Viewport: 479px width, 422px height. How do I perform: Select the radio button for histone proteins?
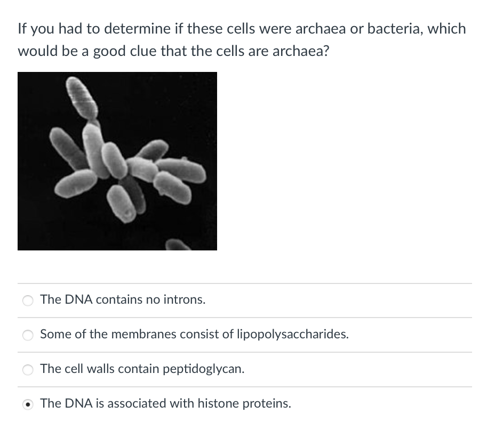(x=27, y=404)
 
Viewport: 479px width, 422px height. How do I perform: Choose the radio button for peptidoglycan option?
(x=27, y=369)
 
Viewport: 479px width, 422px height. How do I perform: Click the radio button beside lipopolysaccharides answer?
(x=27, y=335)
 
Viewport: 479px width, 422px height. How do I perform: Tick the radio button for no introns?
(x=27, y=301)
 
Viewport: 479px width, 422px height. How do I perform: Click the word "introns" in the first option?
(x=186, y=299)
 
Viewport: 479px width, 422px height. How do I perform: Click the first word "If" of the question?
(x=22, y=28)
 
